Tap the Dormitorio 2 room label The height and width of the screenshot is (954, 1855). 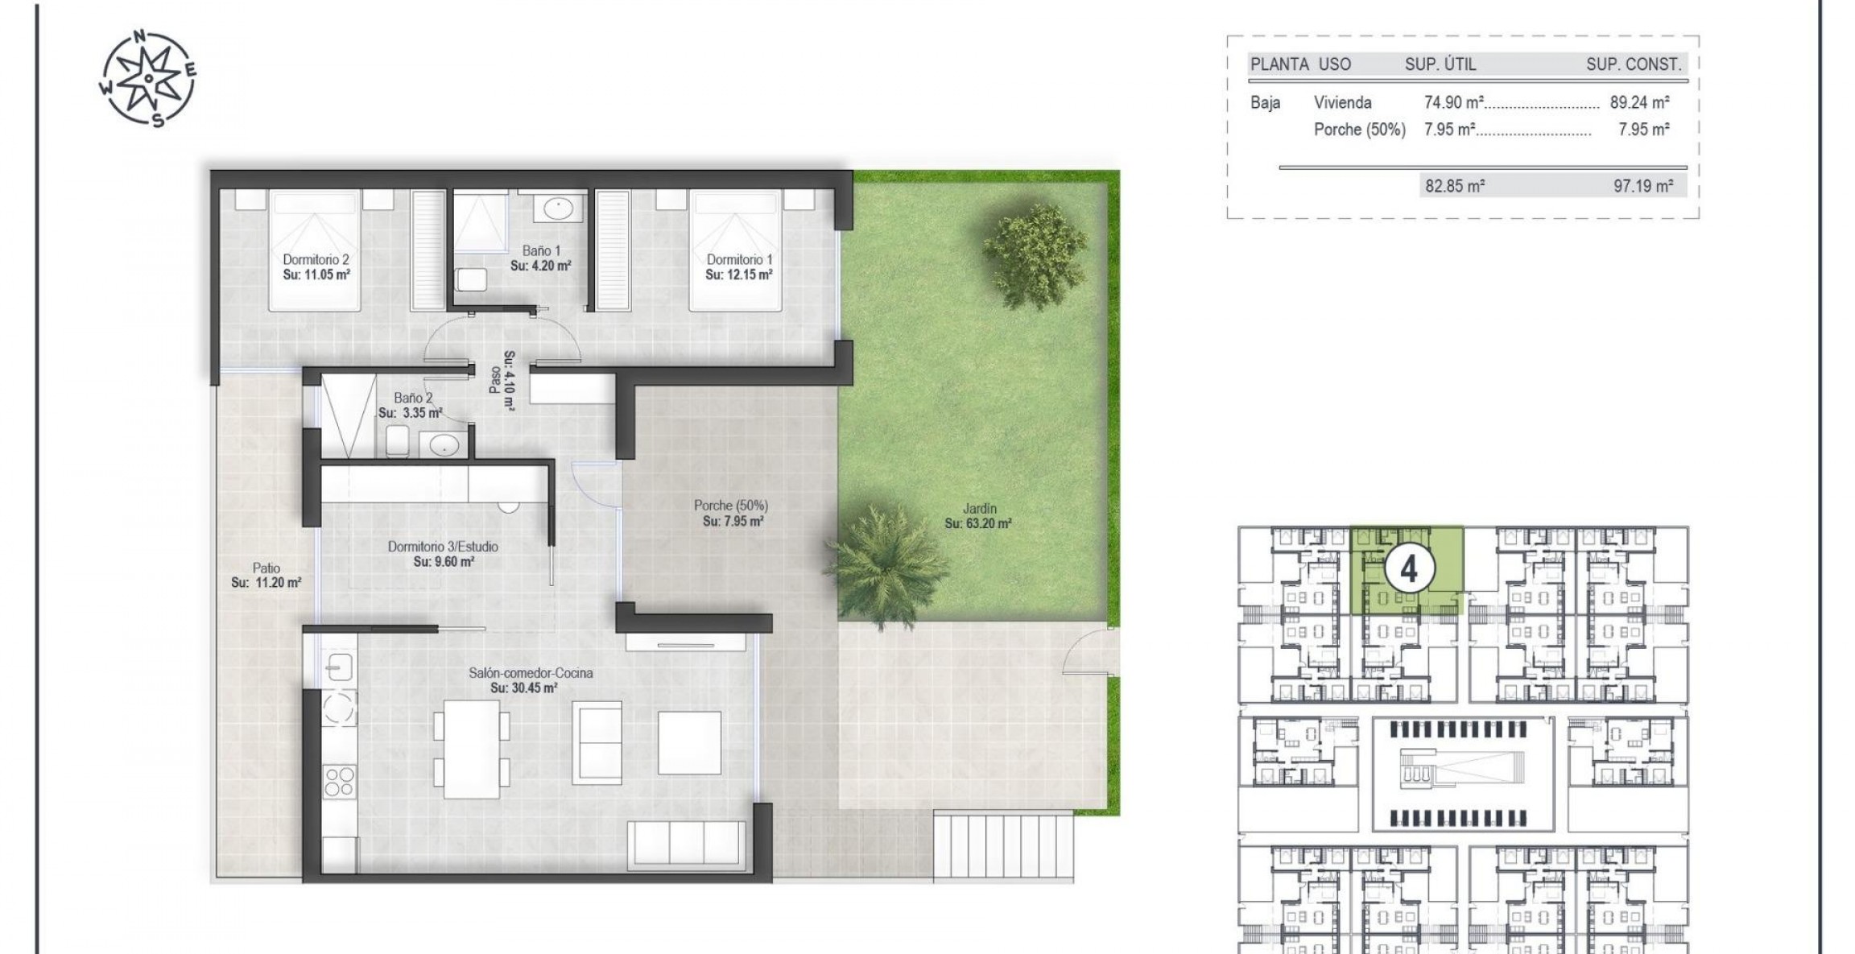pos(316,259)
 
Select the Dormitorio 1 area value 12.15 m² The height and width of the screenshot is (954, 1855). pos(738,275)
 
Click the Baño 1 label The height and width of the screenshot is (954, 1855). pos(540,250)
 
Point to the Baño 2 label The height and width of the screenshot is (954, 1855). pos(413,398)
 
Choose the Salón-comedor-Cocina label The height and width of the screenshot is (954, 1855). pos(531,673)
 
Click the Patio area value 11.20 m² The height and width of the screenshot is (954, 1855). pos(266,583)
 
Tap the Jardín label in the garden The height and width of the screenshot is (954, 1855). pos(979,509)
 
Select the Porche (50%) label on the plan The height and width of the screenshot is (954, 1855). pos(731,506)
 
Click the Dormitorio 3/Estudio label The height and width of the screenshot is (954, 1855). pos(443,547)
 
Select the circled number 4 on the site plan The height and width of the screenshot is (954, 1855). pos(1408,570)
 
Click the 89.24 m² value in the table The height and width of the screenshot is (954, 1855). pos(1639,102)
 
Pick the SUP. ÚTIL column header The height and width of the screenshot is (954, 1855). pos(1440,64)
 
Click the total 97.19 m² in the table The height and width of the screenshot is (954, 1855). pos(1643,186)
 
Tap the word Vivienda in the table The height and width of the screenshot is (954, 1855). pos(1342,102)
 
